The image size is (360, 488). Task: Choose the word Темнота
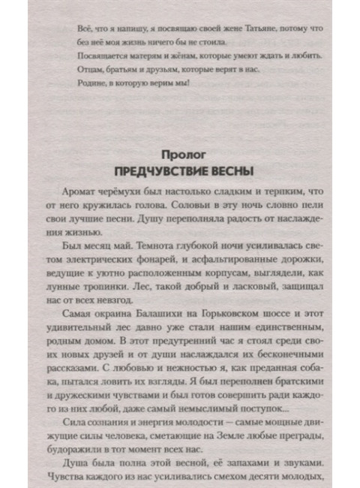177,250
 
